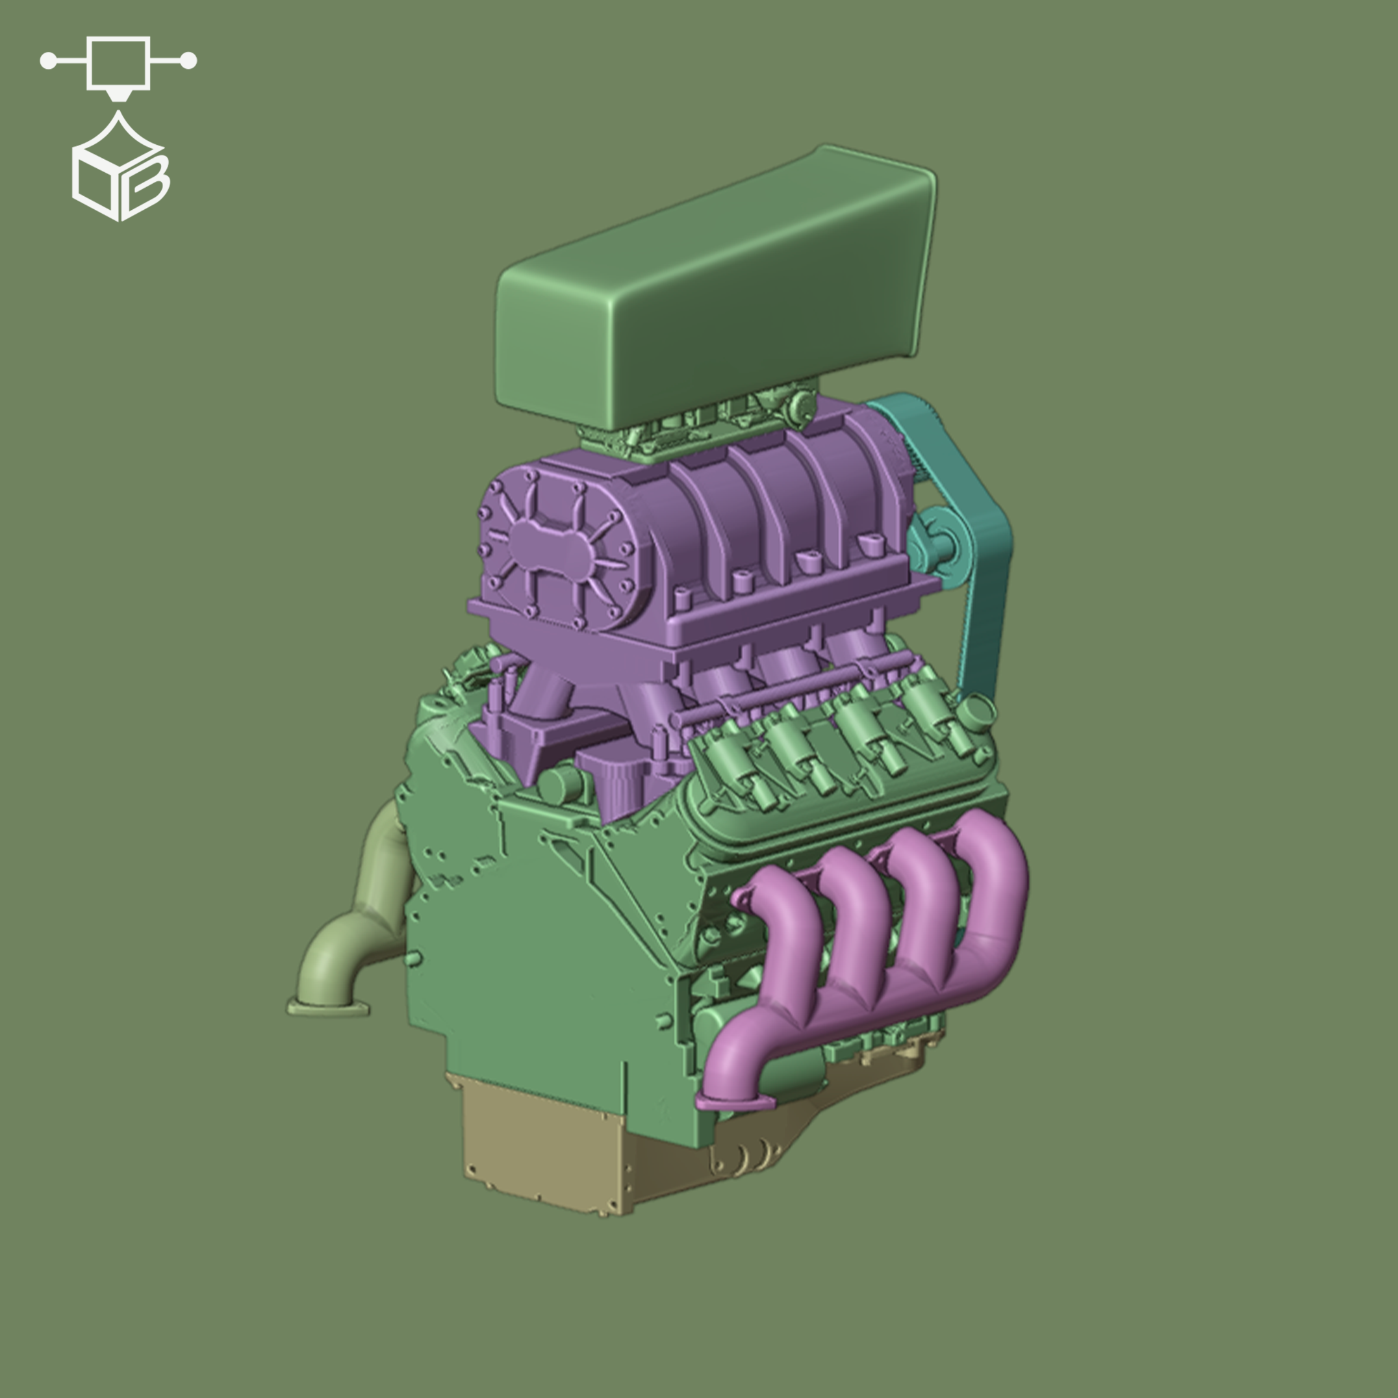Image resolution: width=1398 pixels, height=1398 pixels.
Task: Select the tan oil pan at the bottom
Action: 542,1150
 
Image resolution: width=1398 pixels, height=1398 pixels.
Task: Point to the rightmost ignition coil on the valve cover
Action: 934,713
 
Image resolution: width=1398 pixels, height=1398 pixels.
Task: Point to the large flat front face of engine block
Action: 550,941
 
